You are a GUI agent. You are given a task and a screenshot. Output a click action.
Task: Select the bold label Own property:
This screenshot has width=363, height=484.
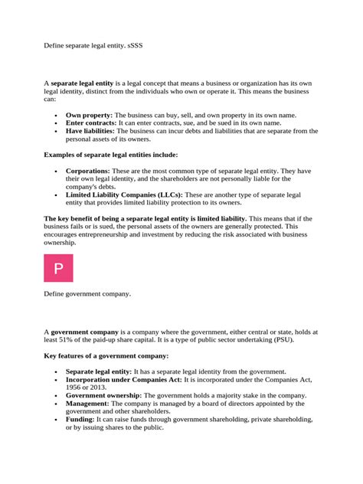point(89,114)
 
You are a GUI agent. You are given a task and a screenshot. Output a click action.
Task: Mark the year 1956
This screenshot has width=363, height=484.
point(75,387)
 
